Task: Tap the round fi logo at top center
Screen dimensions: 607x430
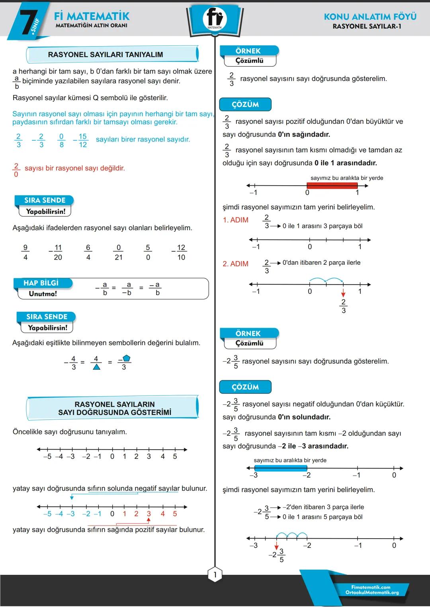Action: click(x=215, y=18)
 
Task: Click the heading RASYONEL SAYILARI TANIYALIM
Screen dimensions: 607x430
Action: click(x=106, y=54)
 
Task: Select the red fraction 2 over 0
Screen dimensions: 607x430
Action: click(x=16, y=170)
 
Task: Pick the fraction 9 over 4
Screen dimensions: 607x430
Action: click(x=25, y=252)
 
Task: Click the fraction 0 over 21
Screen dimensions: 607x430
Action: click(x=119, y=252)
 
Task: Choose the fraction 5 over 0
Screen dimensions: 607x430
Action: click(x=148, y=252)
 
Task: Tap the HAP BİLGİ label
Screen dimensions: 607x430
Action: click(x=41, y=283)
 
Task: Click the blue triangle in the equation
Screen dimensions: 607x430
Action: click(x=96, y=367)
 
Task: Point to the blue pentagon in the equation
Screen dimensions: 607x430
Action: click(x=127, y=358)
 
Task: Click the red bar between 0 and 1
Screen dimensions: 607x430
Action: click(x=332, y=185)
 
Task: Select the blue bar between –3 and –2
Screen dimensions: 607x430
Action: click(x=280, y=468)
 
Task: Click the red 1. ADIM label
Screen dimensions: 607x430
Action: click(x=236, y=220)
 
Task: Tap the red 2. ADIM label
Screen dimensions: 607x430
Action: click(x=236, y=264)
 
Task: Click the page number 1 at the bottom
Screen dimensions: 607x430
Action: click(x=215, y=574)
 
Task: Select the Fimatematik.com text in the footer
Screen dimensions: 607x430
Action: click(x=371, y=587)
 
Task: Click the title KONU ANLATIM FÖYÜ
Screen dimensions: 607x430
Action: click(x=370, y=17)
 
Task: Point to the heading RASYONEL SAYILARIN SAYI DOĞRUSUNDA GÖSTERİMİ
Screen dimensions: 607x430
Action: click(x=115, y=408)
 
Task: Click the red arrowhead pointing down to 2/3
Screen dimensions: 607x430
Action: click(x=343, y=295)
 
